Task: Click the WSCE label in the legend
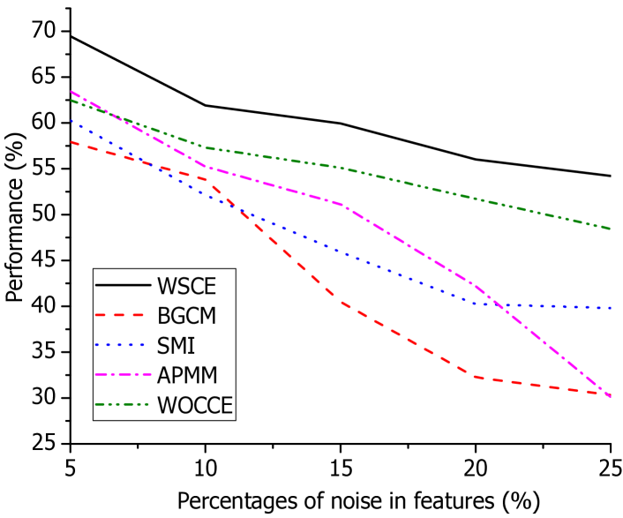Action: tap(186, 286)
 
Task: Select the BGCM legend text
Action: tap(186, 316)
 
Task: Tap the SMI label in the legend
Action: tap(176, 346)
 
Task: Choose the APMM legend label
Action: tap(187, 376)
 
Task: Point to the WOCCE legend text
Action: tap(194, 406)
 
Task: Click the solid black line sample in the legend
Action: tap(123, 285)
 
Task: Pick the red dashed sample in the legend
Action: tap(123, 315)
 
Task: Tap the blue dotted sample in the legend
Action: tap(123, 345)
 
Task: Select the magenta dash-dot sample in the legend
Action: tap(123, 375)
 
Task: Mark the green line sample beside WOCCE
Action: tap(123, 405)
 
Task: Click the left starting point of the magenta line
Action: tap(71, 92)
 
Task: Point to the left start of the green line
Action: tap(71, 101)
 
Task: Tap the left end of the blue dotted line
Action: tap(71, 121)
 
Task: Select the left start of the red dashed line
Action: tap(71, 142)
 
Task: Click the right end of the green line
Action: tap(611, 229)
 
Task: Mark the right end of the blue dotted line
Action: tap(611, 309)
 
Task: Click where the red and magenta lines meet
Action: tap(610, 395)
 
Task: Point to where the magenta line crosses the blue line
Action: tap(496, 304)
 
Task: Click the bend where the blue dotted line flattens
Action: tap(477, 304)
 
